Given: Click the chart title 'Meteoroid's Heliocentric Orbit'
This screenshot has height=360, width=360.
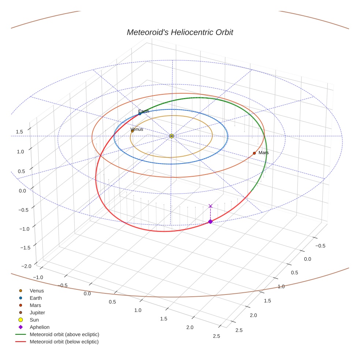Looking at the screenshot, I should coord(180,32).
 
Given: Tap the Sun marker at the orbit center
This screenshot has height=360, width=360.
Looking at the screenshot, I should coord(172,136).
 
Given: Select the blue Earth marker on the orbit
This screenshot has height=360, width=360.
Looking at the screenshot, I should coord(140,114).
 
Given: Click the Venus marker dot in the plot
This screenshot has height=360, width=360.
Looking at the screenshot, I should coord(132,131).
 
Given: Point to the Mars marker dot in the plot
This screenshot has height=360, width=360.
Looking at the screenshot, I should coord(254,153).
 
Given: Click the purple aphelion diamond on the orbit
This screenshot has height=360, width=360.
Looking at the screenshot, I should coord(210,221).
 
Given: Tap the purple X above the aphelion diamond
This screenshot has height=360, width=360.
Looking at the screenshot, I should coord(210,206).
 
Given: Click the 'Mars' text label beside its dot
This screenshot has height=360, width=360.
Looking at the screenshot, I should coord(263,153).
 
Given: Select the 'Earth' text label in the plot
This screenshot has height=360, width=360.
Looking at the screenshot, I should coord(144,111).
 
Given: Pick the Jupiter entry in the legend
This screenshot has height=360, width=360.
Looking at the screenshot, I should coord(37,312).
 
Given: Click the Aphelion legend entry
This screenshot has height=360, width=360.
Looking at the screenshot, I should coord(39,327).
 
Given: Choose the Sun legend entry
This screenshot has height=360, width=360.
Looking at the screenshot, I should coord(34,320).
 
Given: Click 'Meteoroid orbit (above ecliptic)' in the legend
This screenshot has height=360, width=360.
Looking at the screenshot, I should coord(64,334).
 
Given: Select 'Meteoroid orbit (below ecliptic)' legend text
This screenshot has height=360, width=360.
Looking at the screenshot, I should coord(64,342).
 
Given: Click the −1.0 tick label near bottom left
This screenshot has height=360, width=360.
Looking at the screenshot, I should coord(38,277).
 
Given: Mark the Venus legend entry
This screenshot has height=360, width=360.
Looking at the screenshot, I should coord(37,290).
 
